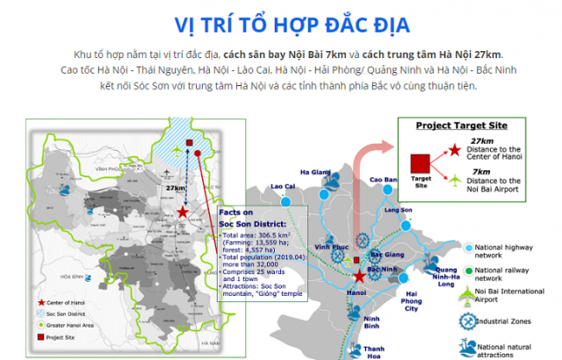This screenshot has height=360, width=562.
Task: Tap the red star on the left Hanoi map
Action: pos(182,212)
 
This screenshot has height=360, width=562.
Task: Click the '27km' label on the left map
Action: pos(176,188)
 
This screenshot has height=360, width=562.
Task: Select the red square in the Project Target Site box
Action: pos(420,163)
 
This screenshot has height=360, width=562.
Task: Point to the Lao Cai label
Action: pos(283,186)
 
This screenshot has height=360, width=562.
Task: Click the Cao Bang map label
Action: pos(384,180)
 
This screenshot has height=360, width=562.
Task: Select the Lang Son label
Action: pos(398,211)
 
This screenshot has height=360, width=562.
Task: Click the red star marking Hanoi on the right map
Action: pos(359,276)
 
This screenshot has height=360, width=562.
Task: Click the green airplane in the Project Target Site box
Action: pos(455,182)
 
